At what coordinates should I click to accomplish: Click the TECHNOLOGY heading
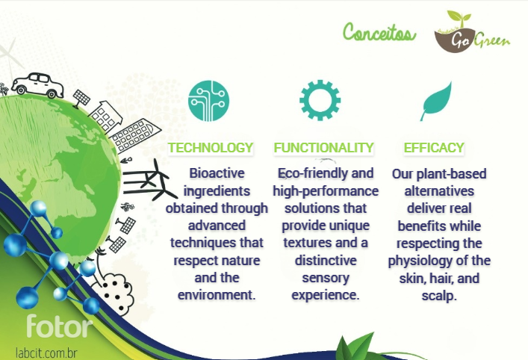[x=211, y=147]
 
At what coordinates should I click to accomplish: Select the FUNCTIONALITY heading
[x=323, y=147]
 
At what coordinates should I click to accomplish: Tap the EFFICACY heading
[x=434, y=147]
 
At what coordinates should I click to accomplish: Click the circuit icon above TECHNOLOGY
[x=208, y=101]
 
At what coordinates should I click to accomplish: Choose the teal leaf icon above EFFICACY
[x=436, y=101]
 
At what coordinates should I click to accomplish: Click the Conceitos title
[x=379, y=33]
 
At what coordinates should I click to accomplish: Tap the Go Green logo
[x=472, y=31]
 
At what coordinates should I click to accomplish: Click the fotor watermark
[x=59, y=326]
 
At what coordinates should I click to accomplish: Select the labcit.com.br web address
[x=46, y=353]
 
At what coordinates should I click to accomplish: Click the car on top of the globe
[x=37, y=85]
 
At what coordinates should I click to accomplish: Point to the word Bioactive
[x=217, y=173]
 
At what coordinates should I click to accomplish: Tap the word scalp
[x=439, y=296]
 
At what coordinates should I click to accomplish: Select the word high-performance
[x=326, y=191]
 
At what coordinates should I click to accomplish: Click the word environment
[x=217, y=295]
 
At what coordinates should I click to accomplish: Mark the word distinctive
[x=326, y=261]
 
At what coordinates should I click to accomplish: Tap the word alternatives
[x=439, y=191]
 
